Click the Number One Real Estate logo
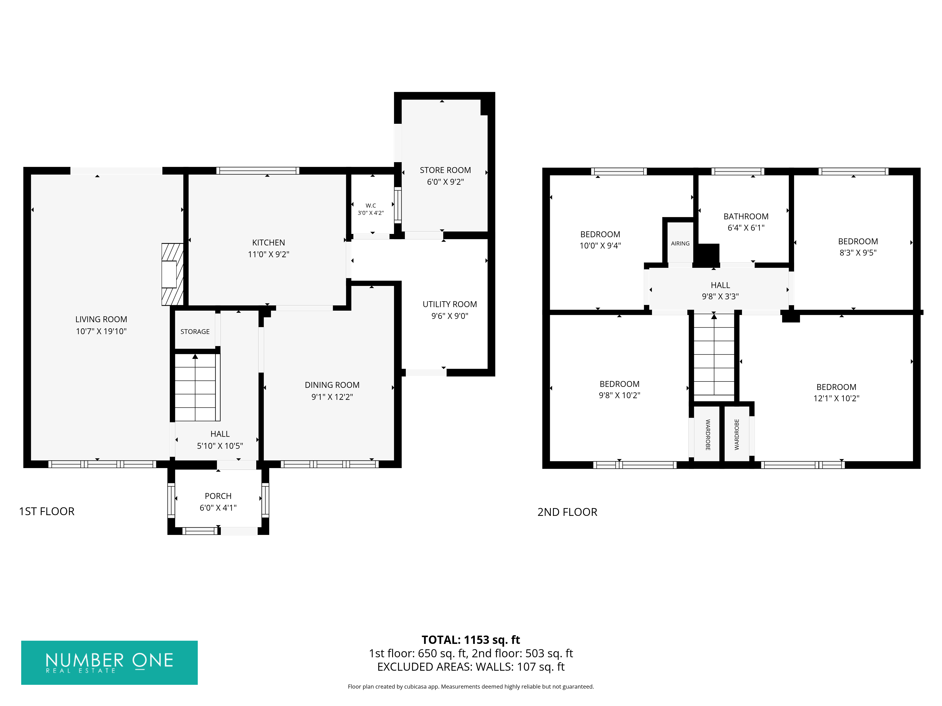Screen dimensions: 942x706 pyautogui.click(x=110, y=663)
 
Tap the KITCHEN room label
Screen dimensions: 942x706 pyautogui.click(x=268, y=243)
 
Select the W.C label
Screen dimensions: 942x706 pyautogui.click(x=370, y=205)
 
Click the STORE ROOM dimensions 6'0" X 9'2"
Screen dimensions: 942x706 pyautogui.click(x=446, y=182)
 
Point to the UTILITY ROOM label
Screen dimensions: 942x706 pyautogui.click(x=450, y=304)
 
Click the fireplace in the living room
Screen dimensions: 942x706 pyautogui.click(x=172, y=274)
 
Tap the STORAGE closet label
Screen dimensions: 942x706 pyautogui.click(x=195, y=332)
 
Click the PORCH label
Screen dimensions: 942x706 pyautogui.click(x=218, y=496)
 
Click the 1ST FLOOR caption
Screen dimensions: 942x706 pyautogui.click(x=47, y=512)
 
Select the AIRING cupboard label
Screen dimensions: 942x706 pyautogui.click(x=680, y=243)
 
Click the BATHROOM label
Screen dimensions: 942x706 pyautogui.click(x=746, y=217)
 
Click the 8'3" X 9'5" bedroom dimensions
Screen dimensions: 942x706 pyautogui.click(x=858, y=253)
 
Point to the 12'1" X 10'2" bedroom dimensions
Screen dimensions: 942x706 pyautogui.click(x=836, y=398)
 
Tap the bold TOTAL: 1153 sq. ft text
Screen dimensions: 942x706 pyautogui.click(x=471, y=640)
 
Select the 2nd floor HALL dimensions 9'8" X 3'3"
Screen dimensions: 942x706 pyautogui.click(x=721, y=297)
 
